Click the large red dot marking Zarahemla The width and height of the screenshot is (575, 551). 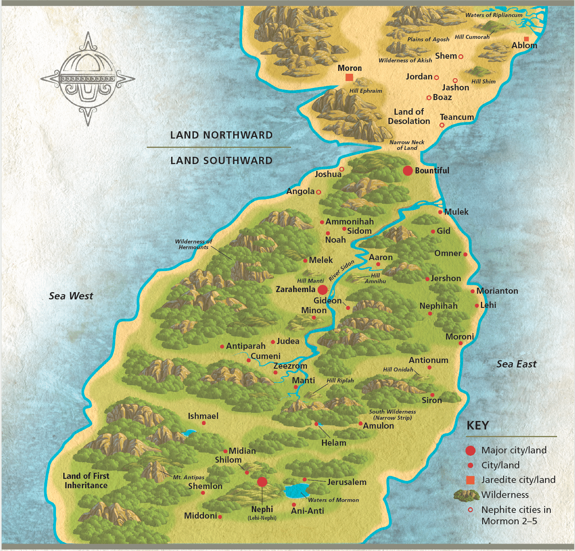point(322,290)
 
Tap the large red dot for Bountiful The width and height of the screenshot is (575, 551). point(408,171)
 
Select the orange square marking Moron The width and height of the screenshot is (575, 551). point(349,77)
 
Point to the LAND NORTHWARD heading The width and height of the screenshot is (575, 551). point(221,135)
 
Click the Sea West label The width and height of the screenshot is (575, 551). point(71,296)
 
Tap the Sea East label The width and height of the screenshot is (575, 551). point(516,364)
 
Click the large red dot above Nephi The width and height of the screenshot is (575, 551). point(262,482)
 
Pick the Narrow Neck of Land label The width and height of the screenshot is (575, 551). point(407,145)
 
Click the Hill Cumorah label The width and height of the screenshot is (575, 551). point(472,37)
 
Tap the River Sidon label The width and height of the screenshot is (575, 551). point(341,271)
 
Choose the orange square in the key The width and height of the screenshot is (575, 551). point(470,480)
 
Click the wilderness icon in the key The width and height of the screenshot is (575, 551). point(466,495)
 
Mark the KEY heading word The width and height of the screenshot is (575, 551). point(478,425)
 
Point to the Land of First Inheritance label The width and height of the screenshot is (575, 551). point(86,481)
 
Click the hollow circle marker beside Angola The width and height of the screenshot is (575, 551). point(318,192)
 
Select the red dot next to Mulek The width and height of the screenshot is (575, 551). point(440,212)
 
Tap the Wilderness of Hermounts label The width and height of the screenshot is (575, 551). point(193,244)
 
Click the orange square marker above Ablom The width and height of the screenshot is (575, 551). point(526,39)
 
